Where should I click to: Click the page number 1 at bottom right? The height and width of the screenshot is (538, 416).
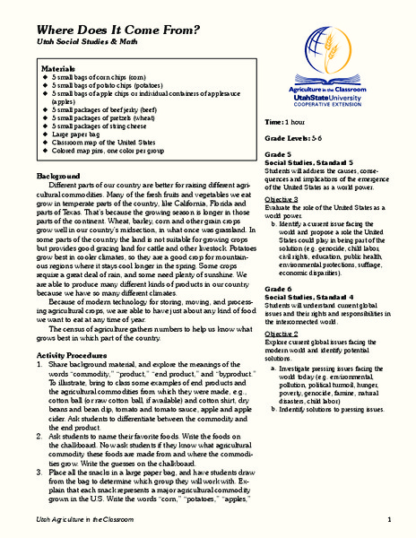(x=390, y=521)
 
